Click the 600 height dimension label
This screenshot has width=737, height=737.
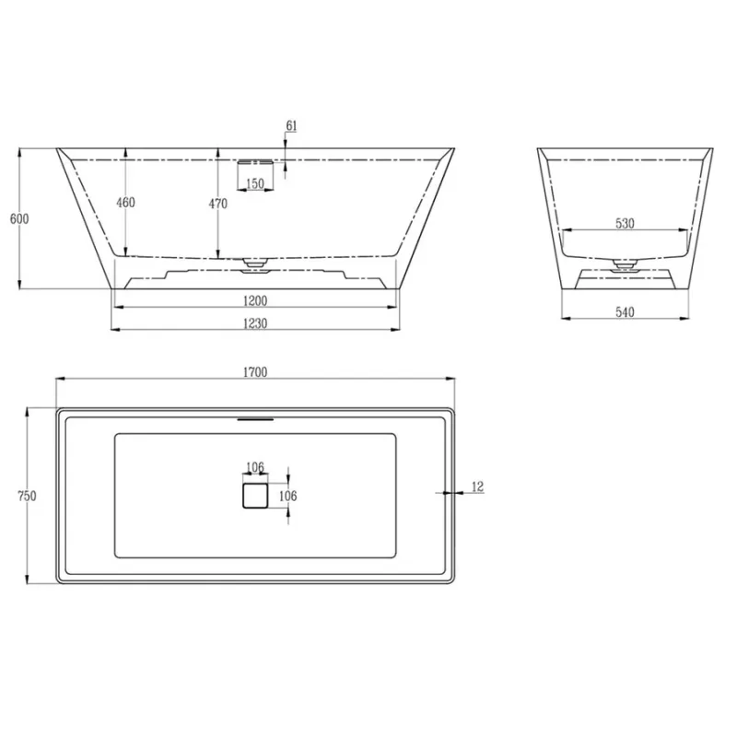click(19, 218)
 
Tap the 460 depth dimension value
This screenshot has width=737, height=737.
click(125, 202)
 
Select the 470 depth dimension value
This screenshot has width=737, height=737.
click(217, 204)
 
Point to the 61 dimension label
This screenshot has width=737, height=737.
click(291, 125)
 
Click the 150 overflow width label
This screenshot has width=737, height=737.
click(255, 182)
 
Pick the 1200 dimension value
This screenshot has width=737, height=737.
click(255, 300)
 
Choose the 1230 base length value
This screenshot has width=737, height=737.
click(255, 323)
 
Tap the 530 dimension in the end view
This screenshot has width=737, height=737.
click(625, 223)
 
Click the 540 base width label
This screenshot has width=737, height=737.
click(625, 312)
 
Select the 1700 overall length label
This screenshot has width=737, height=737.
click(255, 372)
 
